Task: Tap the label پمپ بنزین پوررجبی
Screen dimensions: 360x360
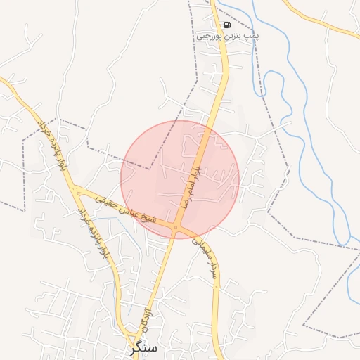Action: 226,34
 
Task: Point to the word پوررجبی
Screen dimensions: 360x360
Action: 210,34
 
